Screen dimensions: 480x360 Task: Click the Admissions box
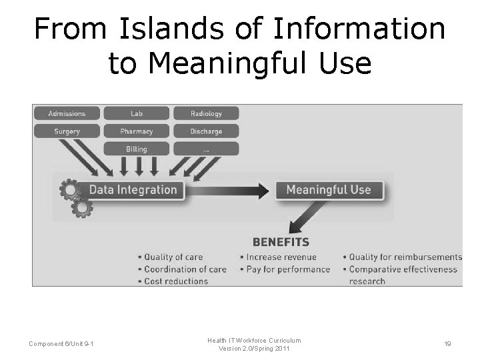67,113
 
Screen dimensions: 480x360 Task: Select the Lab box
137,113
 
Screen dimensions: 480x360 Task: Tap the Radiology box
206,113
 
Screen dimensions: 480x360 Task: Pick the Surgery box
67,131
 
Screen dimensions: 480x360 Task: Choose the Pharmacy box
137,131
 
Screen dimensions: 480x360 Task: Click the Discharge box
206,131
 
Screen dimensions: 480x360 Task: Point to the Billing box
137,149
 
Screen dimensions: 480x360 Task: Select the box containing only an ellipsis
206,149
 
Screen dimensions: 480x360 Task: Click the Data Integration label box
133,189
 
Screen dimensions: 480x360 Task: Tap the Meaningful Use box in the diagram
328,189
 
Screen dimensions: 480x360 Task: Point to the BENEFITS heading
281,242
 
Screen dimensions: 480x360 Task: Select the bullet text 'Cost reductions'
176,281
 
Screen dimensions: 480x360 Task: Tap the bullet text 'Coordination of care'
185,269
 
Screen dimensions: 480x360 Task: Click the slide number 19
447,344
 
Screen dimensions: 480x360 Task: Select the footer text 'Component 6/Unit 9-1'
61,344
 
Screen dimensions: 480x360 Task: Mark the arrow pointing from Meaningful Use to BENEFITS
308,216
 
